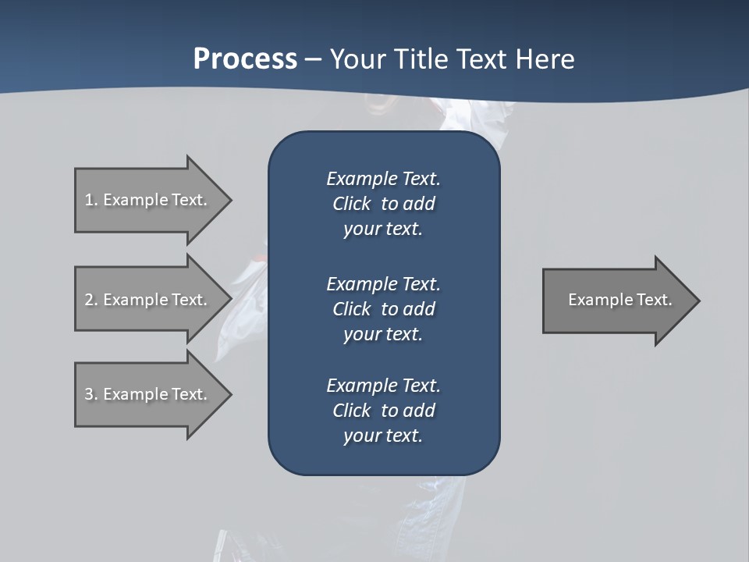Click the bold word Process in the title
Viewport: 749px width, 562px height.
pos(245,59)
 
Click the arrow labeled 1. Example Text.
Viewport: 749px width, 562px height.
pos(148,200)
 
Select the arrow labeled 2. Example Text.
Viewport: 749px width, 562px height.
pos(148,300)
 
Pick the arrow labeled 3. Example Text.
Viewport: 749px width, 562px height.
pos(148,394)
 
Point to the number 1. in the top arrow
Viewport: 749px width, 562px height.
pos(91,200)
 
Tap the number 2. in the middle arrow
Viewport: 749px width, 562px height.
pos(91,300)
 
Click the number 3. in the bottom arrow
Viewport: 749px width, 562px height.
pos(91,394)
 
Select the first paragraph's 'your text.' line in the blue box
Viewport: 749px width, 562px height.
pos(383,229)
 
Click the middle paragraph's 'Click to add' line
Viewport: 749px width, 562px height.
pos(383,309)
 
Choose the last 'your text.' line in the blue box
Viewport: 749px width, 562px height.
pos(383,436)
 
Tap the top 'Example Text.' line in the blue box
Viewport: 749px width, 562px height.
pos(383,179)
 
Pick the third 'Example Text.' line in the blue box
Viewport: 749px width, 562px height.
pos(383,386)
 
